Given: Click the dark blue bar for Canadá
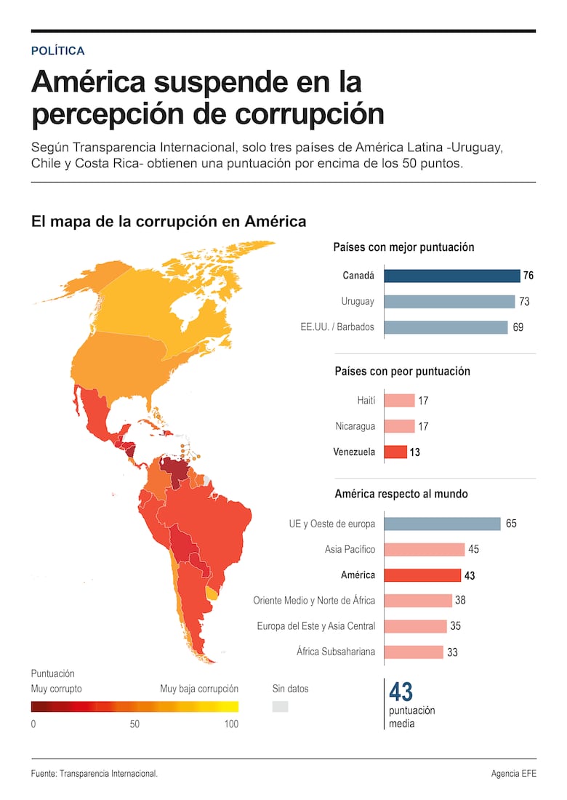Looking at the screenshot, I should [451, 276].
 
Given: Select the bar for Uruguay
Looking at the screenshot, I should [449, 301].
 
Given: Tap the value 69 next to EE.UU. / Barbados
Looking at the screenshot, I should [518, 327].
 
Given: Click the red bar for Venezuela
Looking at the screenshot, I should [395, 452].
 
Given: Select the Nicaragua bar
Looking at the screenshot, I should [398, 426].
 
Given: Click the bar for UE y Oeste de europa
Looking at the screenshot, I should [442, 524].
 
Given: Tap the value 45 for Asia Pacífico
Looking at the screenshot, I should [472, 550].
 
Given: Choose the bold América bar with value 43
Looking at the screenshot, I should [422, 575].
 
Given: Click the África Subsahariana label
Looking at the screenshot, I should [336, 652].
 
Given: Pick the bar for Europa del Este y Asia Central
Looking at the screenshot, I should [414, 626].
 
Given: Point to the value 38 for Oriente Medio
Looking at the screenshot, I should [460, 601].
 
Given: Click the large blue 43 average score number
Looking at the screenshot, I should [401, 692].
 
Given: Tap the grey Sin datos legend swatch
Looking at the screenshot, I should [280, 706].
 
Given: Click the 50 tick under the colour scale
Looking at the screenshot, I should [134, 724].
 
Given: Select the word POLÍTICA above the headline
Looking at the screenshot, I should [58, 51].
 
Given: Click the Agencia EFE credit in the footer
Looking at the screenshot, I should [513, 774].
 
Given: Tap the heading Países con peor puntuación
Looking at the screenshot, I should [402, 371].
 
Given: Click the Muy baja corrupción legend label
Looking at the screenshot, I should [198, 689].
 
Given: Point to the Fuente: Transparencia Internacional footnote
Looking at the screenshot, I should [94, 774].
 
